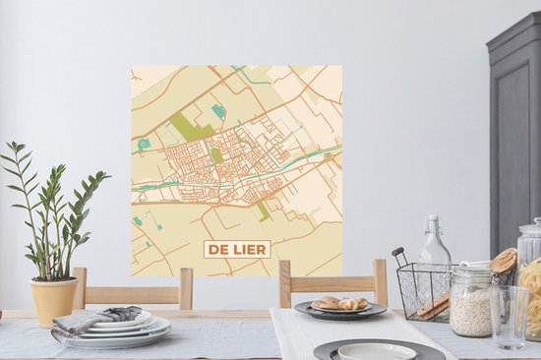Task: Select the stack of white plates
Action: (119, 332)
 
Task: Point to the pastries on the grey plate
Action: (338, 303)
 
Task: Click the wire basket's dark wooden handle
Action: (398, 258)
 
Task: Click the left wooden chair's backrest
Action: (133, 287)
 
